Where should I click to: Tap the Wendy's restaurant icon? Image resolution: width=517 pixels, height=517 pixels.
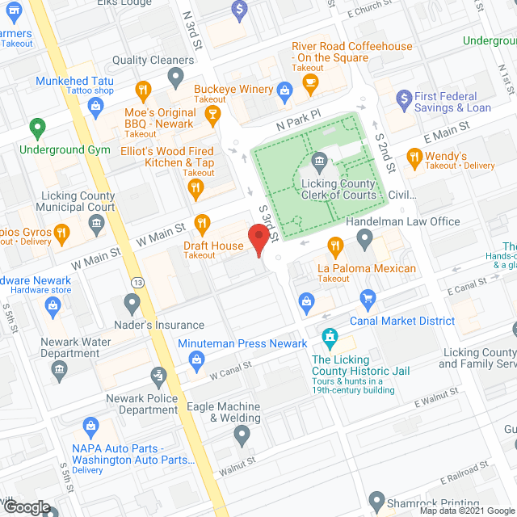point(414,157)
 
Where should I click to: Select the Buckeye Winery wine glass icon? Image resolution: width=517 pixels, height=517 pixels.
point(212,115)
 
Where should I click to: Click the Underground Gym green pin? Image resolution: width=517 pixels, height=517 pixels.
point(36,128)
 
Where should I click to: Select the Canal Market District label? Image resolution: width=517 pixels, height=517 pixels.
point(402,321)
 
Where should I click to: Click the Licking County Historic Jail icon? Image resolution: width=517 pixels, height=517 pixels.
point(329,336)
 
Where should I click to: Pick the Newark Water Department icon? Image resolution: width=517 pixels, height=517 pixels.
point(59,370)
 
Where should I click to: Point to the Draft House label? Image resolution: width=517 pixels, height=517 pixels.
point(213,246)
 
